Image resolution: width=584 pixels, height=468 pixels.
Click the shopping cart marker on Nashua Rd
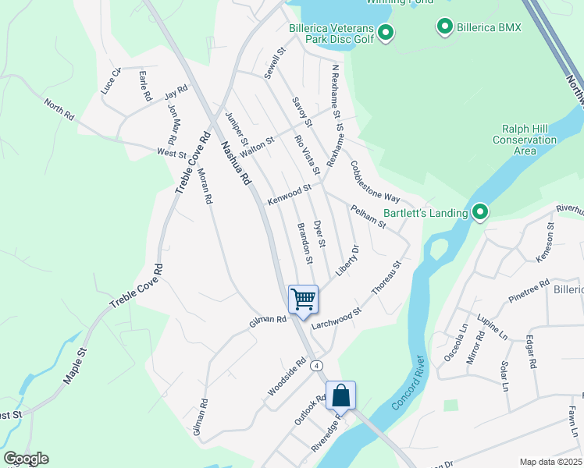pyautogui.click(x=302, y=298)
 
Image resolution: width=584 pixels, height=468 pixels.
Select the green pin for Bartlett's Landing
pyautogui.click(x=479, y=211)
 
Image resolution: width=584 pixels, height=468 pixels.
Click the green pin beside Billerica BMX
pyautogui.click(x=444, y=28)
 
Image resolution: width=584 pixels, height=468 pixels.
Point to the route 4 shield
pyautogui.click(x=316, y=365)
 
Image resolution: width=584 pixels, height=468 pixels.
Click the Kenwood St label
pyautogui.click(x=289, y=195)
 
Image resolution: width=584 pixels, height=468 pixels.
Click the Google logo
pyautogui.click(x=26, y=459)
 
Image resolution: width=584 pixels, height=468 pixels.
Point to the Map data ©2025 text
pyautogui.click(x=550, y=462)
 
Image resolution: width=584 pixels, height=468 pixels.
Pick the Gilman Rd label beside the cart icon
pyautogui.click(x=268, y=320)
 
